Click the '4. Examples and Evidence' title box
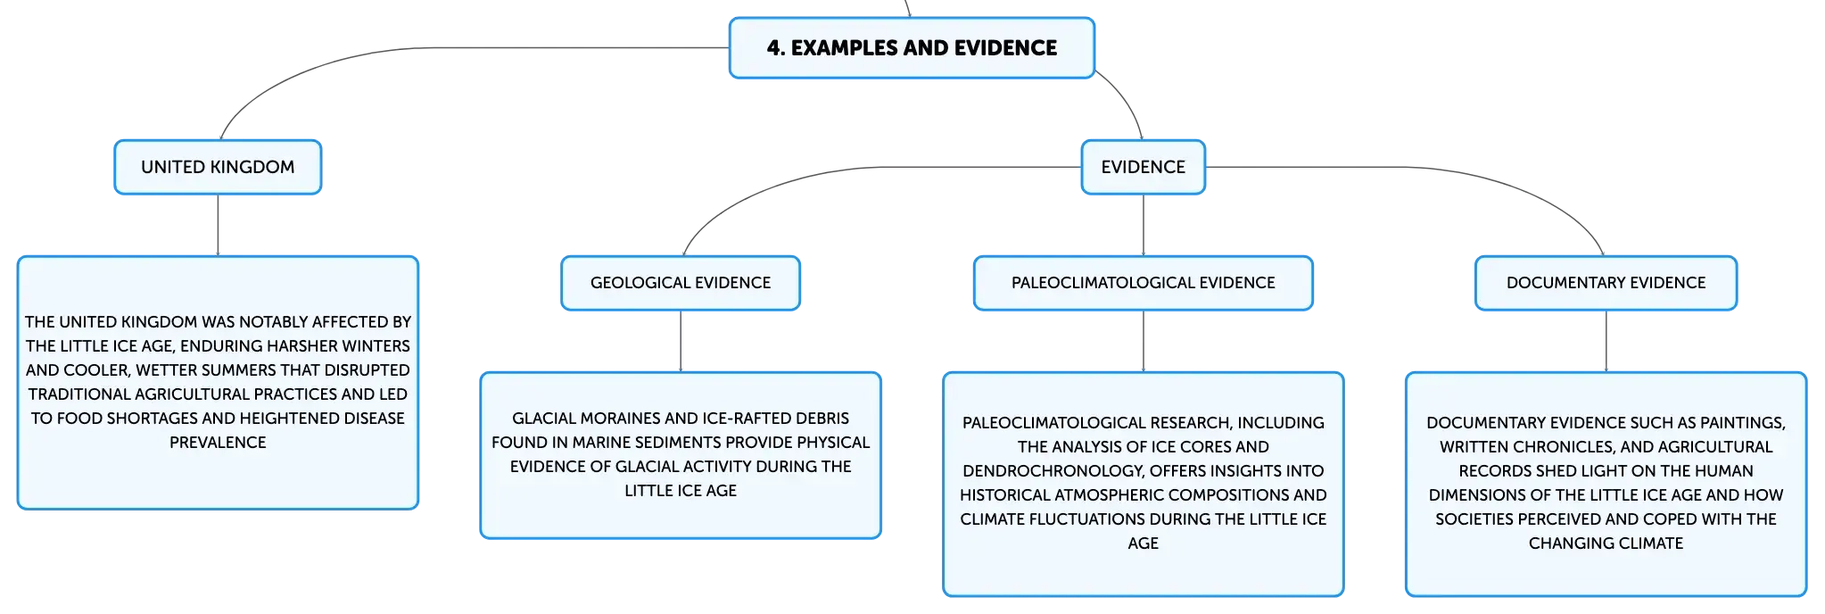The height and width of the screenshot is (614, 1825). pos(912,48)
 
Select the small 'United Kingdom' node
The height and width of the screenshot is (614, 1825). pos(218,167)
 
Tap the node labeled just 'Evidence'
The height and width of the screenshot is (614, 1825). pos(1144,167)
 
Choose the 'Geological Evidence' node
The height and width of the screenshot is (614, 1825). pos(681,283)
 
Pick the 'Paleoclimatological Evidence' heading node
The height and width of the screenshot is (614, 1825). pos(1144,283)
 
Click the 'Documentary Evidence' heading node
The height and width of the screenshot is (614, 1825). pos(1606,283)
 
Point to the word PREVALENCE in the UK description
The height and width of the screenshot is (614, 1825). pos(218,443)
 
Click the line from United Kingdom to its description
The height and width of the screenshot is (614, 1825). pos(218,225)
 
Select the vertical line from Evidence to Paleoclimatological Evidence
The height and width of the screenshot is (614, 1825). pos(1144,225)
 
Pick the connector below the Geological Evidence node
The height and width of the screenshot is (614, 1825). pos(681,341)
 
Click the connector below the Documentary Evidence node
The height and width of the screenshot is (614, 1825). pos(1606,341)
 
